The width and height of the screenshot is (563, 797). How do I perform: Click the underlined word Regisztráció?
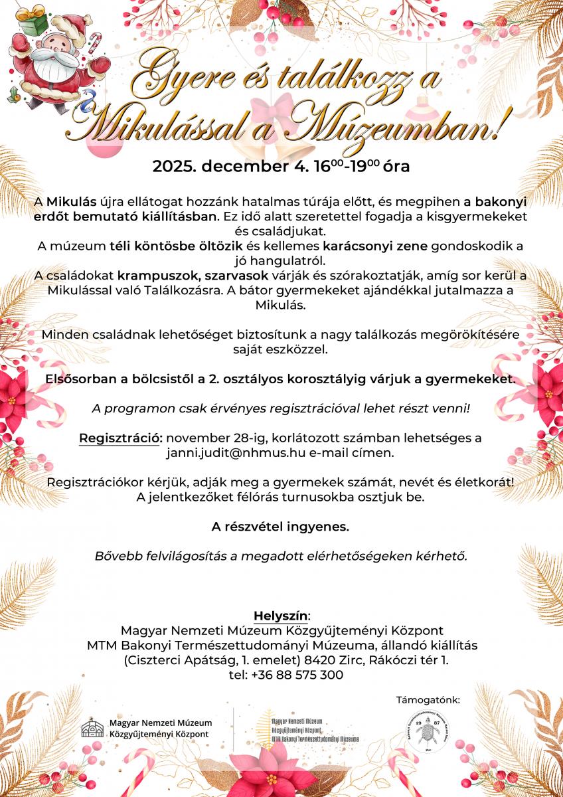coord(121,438)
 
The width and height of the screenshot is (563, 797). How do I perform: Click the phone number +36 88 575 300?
coord(295,675)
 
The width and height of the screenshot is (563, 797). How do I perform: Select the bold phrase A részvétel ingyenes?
coord(280,527)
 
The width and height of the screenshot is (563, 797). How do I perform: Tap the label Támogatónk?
coord(428,699)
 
